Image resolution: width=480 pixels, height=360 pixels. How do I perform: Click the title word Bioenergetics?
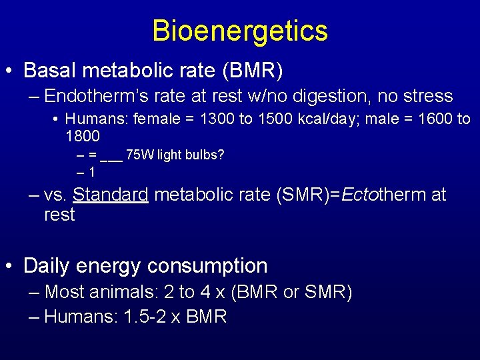[x=240, y=31]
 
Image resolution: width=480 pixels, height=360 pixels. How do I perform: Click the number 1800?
[x=83, y=137]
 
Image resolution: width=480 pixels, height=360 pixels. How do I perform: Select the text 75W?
[x=141, y=155]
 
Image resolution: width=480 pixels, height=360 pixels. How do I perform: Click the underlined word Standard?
[x=111, y=195]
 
